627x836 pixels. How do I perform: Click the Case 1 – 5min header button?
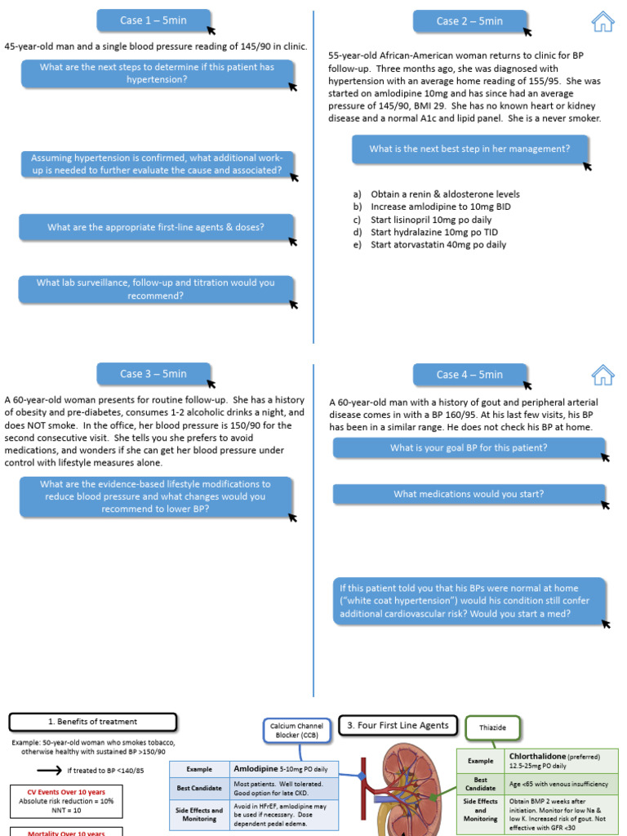pos(153,21)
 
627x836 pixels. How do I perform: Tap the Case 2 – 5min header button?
pos(469,21)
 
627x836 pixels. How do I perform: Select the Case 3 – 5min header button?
pos(153,374)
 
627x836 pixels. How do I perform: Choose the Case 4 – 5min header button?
pos(469,375)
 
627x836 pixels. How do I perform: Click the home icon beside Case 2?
pos(603,22)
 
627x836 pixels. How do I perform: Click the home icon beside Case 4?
pos(603,375)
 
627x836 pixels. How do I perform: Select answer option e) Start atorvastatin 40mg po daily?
pos(438,245)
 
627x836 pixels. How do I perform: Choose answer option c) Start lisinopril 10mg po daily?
pos(431,220)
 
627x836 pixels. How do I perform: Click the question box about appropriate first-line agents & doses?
pos(156,227)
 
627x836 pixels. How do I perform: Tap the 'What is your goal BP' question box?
pos(469,448)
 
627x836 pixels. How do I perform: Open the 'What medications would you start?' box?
pos(469,494)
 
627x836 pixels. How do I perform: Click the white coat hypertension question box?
pos(469,601)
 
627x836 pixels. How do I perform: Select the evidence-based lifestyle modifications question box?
pos(156,496)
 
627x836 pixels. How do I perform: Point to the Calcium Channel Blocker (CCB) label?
pos(296,731)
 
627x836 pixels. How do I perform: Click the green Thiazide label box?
pos(491,727)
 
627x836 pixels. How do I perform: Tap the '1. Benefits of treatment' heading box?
pos(93,722)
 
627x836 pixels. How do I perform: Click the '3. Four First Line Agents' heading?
pos(398,725)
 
